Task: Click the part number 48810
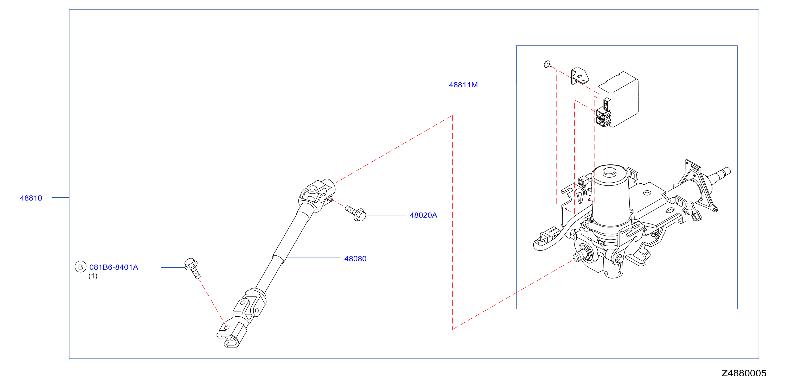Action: coord(31,198)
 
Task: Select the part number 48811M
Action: coord(463,85)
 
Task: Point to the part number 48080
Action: coord(355,259)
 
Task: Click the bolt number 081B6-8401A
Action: coord(113,267)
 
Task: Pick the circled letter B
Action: coord(80,267)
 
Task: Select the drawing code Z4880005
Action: coord(744,373)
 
